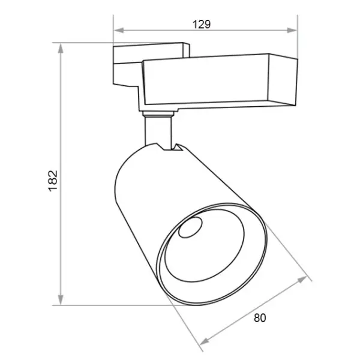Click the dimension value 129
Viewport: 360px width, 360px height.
(202, 25)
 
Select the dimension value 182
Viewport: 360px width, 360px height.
(53, 181)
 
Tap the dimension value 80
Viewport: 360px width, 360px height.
(260, 318)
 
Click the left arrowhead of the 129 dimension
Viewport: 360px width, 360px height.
(119, 31)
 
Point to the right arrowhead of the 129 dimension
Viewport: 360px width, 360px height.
(292, 31)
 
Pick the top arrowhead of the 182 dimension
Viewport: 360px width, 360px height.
(61, 49)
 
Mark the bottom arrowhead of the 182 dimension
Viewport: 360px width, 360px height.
(61, 299)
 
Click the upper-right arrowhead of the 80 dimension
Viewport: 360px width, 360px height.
(302, 280)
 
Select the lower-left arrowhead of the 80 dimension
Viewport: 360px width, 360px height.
(205, 342)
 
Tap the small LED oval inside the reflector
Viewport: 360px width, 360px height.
(190, 227)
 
